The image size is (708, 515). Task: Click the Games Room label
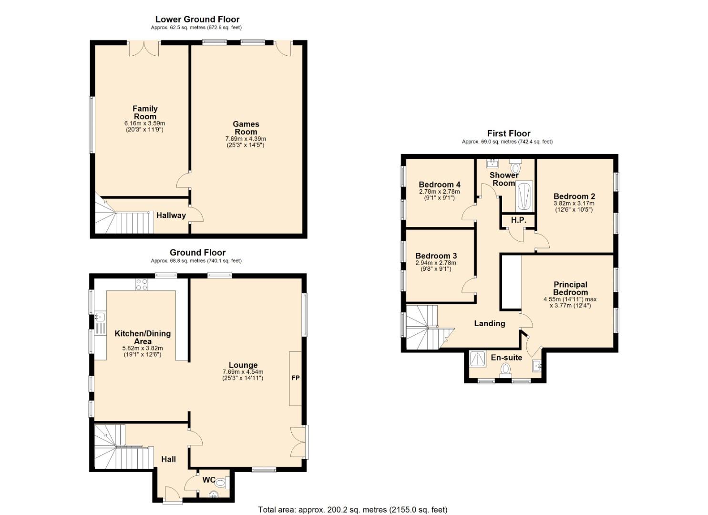point(246,128)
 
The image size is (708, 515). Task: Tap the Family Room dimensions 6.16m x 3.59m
point(145,124)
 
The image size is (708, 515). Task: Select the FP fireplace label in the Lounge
point(296,378)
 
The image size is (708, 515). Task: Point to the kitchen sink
point(100,316)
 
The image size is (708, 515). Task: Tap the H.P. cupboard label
point(519,220)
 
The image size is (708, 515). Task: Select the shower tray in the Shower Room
point(524,196)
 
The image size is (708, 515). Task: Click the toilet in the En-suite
point(505,370)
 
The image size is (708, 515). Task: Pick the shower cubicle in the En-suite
point(478,359)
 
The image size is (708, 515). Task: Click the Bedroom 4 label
point(439,185)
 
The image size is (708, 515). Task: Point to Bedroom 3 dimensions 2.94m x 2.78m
point(436,263)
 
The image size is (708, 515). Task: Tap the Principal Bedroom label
point(571,288)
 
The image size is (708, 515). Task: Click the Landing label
point(490,323)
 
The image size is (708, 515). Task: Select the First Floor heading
point(509,134)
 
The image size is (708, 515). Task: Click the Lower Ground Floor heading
point(197,19)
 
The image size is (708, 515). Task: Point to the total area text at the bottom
point(353,510)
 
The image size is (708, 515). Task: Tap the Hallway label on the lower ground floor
point(171,215)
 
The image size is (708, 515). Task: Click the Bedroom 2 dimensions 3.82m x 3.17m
point(574,203)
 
